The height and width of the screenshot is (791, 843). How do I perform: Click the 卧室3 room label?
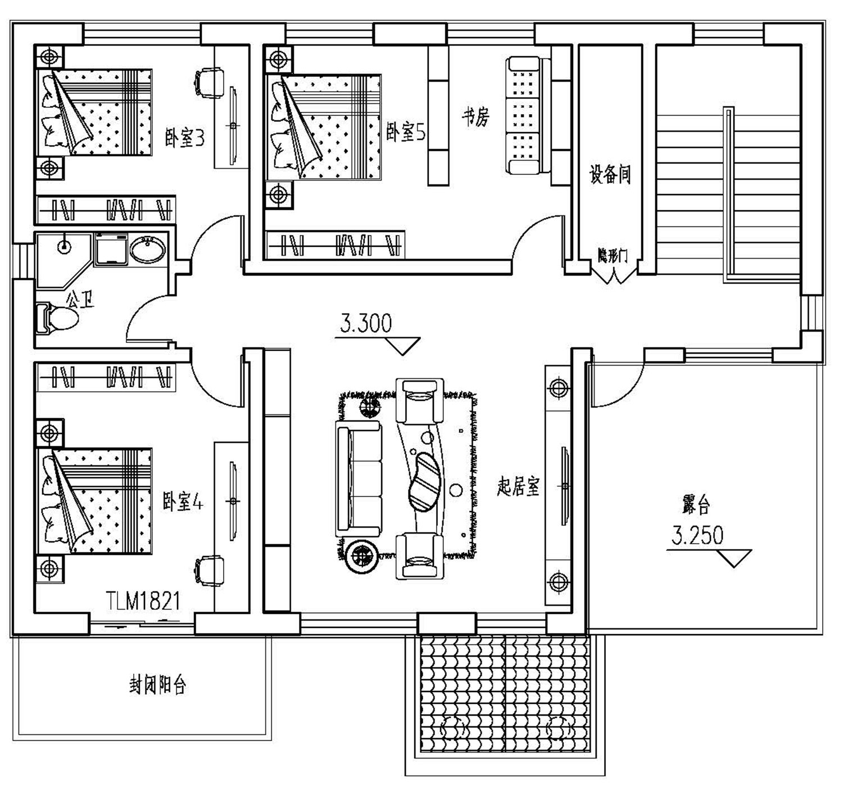pos(185,138)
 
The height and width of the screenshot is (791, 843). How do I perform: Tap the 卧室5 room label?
pos(405,133)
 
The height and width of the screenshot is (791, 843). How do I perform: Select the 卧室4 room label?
pos(183,502)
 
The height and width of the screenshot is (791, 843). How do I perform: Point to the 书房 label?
pos(476,117)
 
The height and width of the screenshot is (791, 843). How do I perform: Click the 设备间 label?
pos(610,174)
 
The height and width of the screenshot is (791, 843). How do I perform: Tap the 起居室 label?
pos(518,486)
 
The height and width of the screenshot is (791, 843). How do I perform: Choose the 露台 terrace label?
pos(696,505)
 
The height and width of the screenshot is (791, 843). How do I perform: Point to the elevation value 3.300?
pos(366,324)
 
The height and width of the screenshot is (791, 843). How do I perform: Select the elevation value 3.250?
pos(697,536)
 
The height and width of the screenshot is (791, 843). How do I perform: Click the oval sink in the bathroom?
pos(147,250)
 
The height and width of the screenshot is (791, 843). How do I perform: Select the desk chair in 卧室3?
pos(209,83)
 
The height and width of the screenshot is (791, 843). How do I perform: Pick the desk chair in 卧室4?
pos(209,571)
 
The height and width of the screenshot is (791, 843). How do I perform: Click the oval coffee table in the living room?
pos(424,481)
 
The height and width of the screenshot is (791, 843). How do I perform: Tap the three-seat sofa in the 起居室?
pos(358,479)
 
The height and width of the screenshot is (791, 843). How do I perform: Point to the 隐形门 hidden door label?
pos(613,256)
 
